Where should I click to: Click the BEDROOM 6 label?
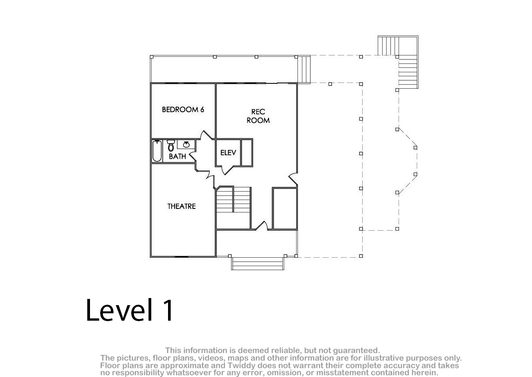pyautogui.click(x=183, y=110)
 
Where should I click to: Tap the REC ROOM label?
pyautogui.click(x=258, y=116)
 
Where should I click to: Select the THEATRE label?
pyautogui.click(x=181, y=206)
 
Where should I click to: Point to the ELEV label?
pyautogui.click(x=228, y=153)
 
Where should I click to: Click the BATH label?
pyautogui.click(x=177, y=156)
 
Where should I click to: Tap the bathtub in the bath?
pyautogui.click(x=157, y=151)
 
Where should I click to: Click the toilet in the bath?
pyautogui.click(x=171, y=145)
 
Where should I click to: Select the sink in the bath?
pyautogui.click(x=186, y=144)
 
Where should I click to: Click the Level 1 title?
pyautogui.click(x=129, y=310)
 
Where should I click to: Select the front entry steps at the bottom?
pyautogui.click(x=258, y=263)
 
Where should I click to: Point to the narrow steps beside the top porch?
pyautogui.click(x=304, y=69)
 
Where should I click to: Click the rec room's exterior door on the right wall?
pyautogui.click(x=293, y=179)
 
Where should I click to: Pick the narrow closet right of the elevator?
pyautogui.click(x=246, y=153)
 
